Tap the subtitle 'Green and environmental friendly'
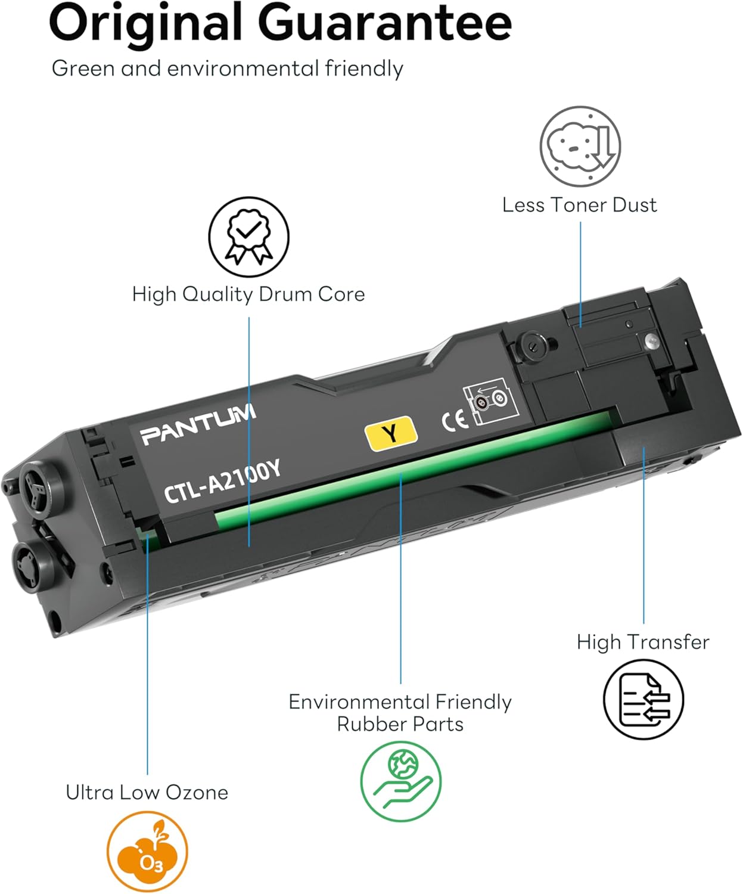[227, 69]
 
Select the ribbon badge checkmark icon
[248, 237]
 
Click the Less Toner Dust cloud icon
[580, 147]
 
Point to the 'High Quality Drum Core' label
[248, 294]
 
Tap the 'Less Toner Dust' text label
[579, 205]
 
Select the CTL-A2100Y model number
[222, 482]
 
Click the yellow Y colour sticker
[390, 433]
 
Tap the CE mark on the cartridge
[455, 421]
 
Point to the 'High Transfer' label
[643, 642]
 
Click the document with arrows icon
[643, 699]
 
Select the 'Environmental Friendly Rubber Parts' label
[400, 713]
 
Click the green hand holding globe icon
[400, 781]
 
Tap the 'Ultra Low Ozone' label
[147, 792]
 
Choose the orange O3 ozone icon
[147, 852]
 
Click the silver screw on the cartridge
[652, 341]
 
